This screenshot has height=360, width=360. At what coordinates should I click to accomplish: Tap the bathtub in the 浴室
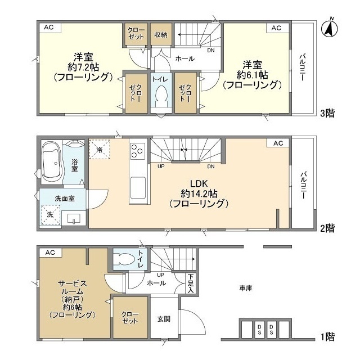pyautogui.click(x=52, y=163)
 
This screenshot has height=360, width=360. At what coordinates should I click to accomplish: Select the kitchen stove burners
pyautogui.click(x=138, y=151)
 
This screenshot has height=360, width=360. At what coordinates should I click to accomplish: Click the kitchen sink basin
pyautogui.click(x=138, y=188)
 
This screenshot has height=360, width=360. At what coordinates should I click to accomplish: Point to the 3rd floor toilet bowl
pyautogui.click(x=161, y=95)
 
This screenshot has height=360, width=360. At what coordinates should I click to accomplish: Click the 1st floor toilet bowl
pyautogui.click(x=125, y=259)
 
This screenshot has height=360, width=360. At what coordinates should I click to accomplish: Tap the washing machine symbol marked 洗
pyautogui.click(x=50, y=215)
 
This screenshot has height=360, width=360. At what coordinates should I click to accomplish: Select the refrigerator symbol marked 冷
pyautogui.click(x=100, y=149)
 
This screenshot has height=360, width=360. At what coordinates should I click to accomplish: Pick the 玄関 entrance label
pyautogui.click(x=164, y=319)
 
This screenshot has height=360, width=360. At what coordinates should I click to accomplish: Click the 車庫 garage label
pyautogui.click(x=246, y=288)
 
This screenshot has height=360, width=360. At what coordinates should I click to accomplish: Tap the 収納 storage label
pyautogui.click(x=161, y=35)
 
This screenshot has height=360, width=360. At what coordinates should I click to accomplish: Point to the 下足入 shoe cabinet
pyautogui.click(x=191, y=283)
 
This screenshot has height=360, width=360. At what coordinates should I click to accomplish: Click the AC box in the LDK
pyautogui.click(x=278, y=143)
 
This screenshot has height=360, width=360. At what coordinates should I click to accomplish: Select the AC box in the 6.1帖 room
pyautogui.click(x=277, y=28)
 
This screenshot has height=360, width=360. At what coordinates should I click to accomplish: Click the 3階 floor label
pyautogui.click(x=327, y=114)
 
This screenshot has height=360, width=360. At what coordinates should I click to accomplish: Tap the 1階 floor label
pyautogui.click(x=327, y=336)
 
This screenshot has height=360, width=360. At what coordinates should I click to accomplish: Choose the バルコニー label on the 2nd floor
pyautogui.click(x=303, y=185)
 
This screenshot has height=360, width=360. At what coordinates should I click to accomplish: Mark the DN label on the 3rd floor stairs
pyautogui.click(x=211, y=50)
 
